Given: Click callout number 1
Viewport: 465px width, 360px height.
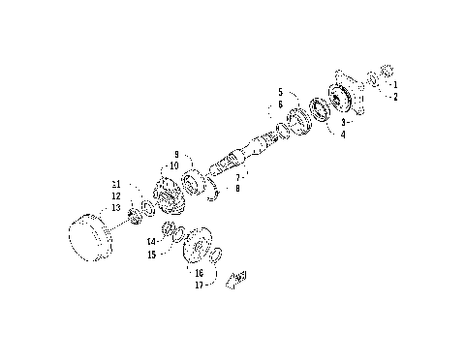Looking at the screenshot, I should pyautogui.click(x=395, y=85).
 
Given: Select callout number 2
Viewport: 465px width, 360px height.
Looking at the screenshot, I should pyautogui.click(x=395, y=96).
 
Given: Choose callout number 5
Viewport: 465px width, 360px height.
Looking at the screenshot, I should pyautogui.click(x=280, y=92).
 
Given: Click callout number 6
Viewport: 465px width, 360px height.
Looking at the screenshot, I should pyautogui.click(x=280, y=104).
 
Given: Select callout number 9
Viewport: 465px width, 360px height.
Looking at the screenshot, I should pyautogui.click(x=176, y=154).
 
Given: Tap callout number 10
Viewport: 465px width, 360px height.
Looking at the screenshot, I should pyautogui.click(x=176, y=165).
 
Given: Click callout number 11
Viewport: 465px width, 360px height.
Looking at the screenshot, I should pyautogui.click(x=115, y=184).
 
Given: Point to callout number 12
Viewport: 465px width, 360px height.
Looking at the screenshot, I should pyautogui.click(x=115, y=195).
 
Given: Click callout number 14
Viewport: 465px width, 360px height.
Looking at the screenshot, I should pyautogui.click(x=151, y=242).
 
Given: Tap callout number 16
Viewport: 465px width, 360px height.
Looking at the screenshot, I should pyautogui.click(x=199, y=273).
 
